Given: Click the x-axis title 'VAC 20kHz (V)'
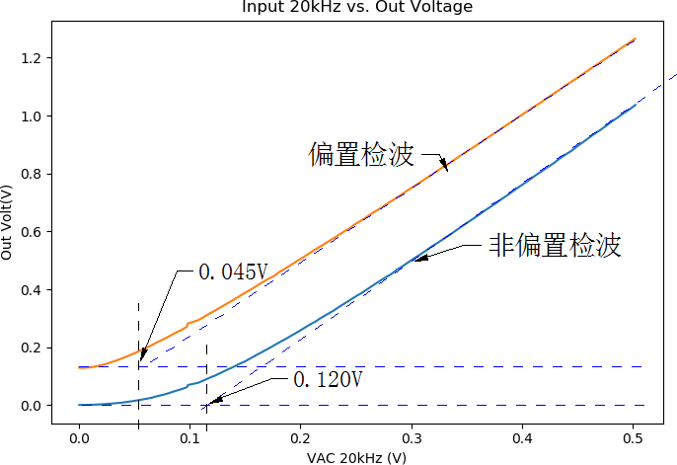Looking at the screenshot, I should point(357,457).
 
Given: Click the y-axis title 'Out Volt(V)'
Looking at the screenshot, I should point(8,222).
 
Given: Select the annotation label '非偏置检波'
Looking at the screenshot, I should point(555,245).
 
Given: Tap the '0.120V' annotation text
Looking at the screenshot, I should point(329,379).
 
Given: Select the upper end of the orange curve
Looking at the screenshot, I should point(634,39).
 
